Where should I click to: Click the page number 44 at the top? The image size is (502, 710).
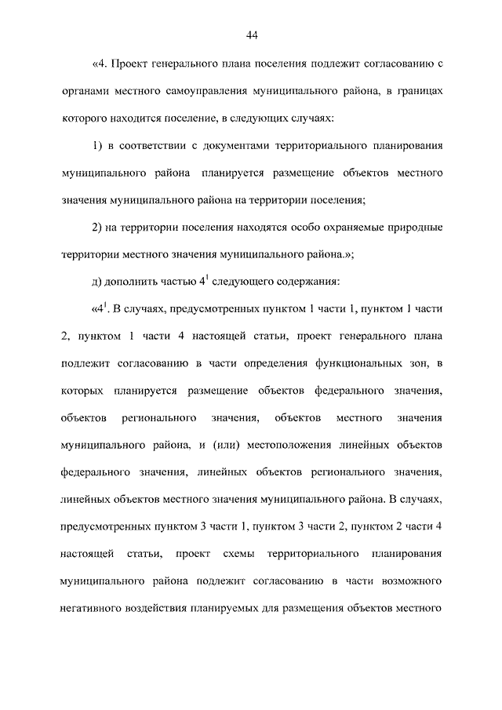[251, 35]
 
